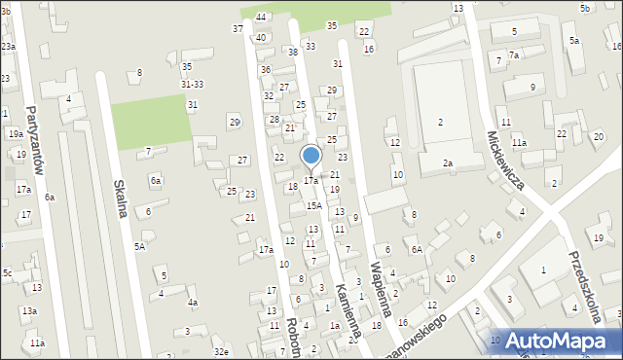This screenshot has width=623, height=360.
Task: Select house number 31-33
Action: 192,85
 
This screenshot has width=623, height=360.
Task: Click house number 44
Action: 261,17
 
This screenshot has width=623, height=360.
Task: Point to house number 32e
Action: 222,351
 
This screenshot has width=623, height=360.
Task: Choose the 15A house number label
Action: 313,205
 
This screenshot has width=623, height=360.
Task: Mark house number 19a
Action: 16,134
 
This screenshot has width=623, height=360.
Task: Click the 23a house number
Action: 8,47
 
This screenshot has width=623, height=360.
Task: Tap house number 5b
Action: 585,8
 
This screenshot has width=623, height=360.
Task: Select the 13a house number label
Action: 30,310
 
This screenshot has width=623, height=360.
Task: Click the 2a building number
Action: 448,163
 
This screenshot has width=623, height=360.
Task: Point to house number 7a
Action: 514,55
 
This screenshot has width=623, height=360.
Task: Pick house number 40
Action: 261,37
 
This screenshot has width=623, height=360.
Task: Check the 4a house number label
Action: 193,303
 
